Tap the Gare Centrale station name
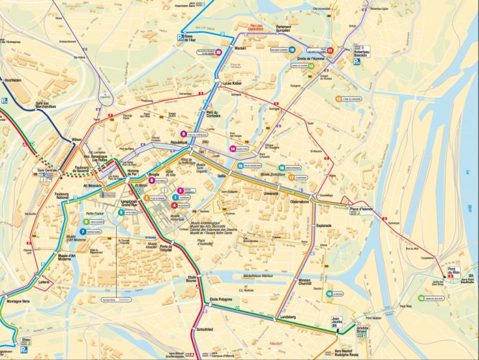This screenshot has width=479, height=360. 48,169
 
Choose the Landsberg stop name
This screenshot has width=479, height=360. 288,318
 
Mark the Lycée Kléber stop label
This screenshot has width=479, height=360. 231,82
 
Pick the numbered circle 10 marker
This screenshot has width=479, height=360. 292,49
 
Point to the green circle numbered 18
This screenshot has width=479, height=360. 329,293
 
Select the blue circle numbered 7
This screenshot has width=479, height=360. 82,231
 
